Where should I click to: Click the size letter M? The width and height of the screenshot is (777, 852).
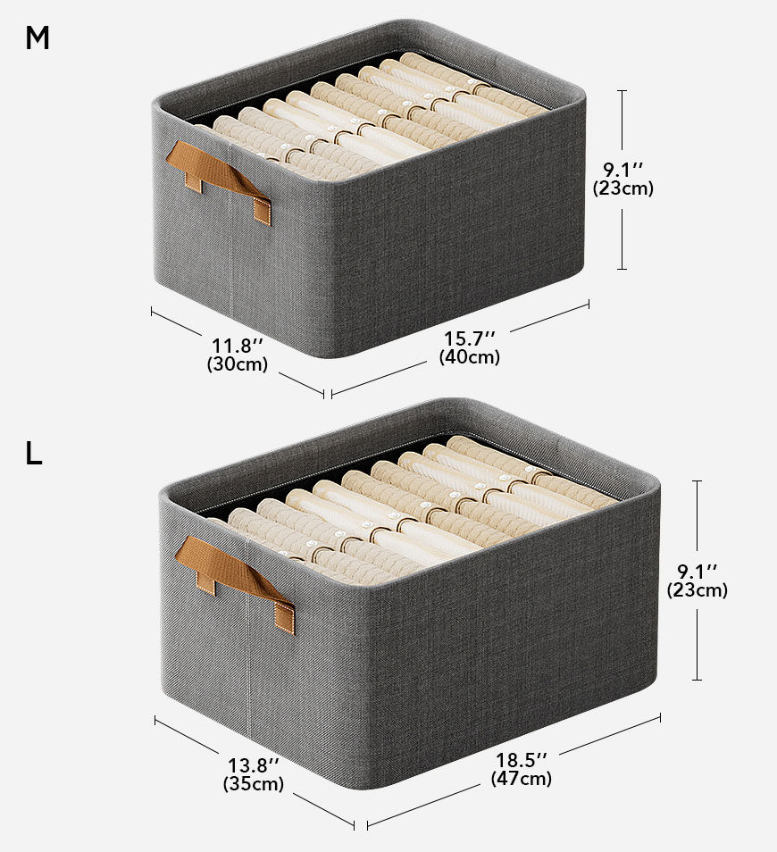(37, 38)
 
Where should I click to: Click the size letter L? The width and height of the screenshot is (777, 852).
(33, 454)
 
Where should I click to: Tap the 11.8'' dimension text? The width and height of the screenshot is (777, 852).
(238, 346)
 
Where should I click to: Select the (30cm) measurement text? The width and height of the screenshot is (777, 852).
(238, 363)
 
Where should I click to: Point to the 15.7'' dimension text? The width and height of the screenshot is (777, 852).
(470, 338)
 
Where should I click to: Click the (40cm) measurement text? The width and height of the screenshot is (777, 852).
(470, 357)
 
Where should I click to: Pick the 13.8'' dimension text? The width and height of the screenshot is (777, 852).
(254, 765)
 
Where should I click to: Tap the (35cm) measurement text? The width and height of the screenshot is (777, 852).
(254, 783)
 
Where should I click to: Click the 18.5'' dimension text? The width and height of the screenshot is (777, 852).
(521, 760)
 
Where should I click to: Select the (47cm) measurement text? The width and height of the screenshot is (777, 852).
(521, 778)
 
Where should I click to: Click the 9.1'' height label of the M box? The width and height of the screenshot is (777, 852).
(622, 170)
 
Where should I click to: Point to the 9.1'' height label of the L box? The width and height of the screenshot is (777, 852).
(698, 572)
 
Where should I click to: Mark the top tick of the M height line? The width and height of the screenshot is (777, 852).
(622, 91)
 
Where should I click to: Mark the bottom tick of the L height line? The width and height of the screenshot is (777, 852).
(698, 680)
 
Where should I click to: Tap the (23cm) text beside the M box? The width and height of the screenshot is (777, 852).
(622, 188)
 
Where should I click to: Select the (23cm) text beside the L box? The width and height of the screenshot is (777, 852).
(698, 590)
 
